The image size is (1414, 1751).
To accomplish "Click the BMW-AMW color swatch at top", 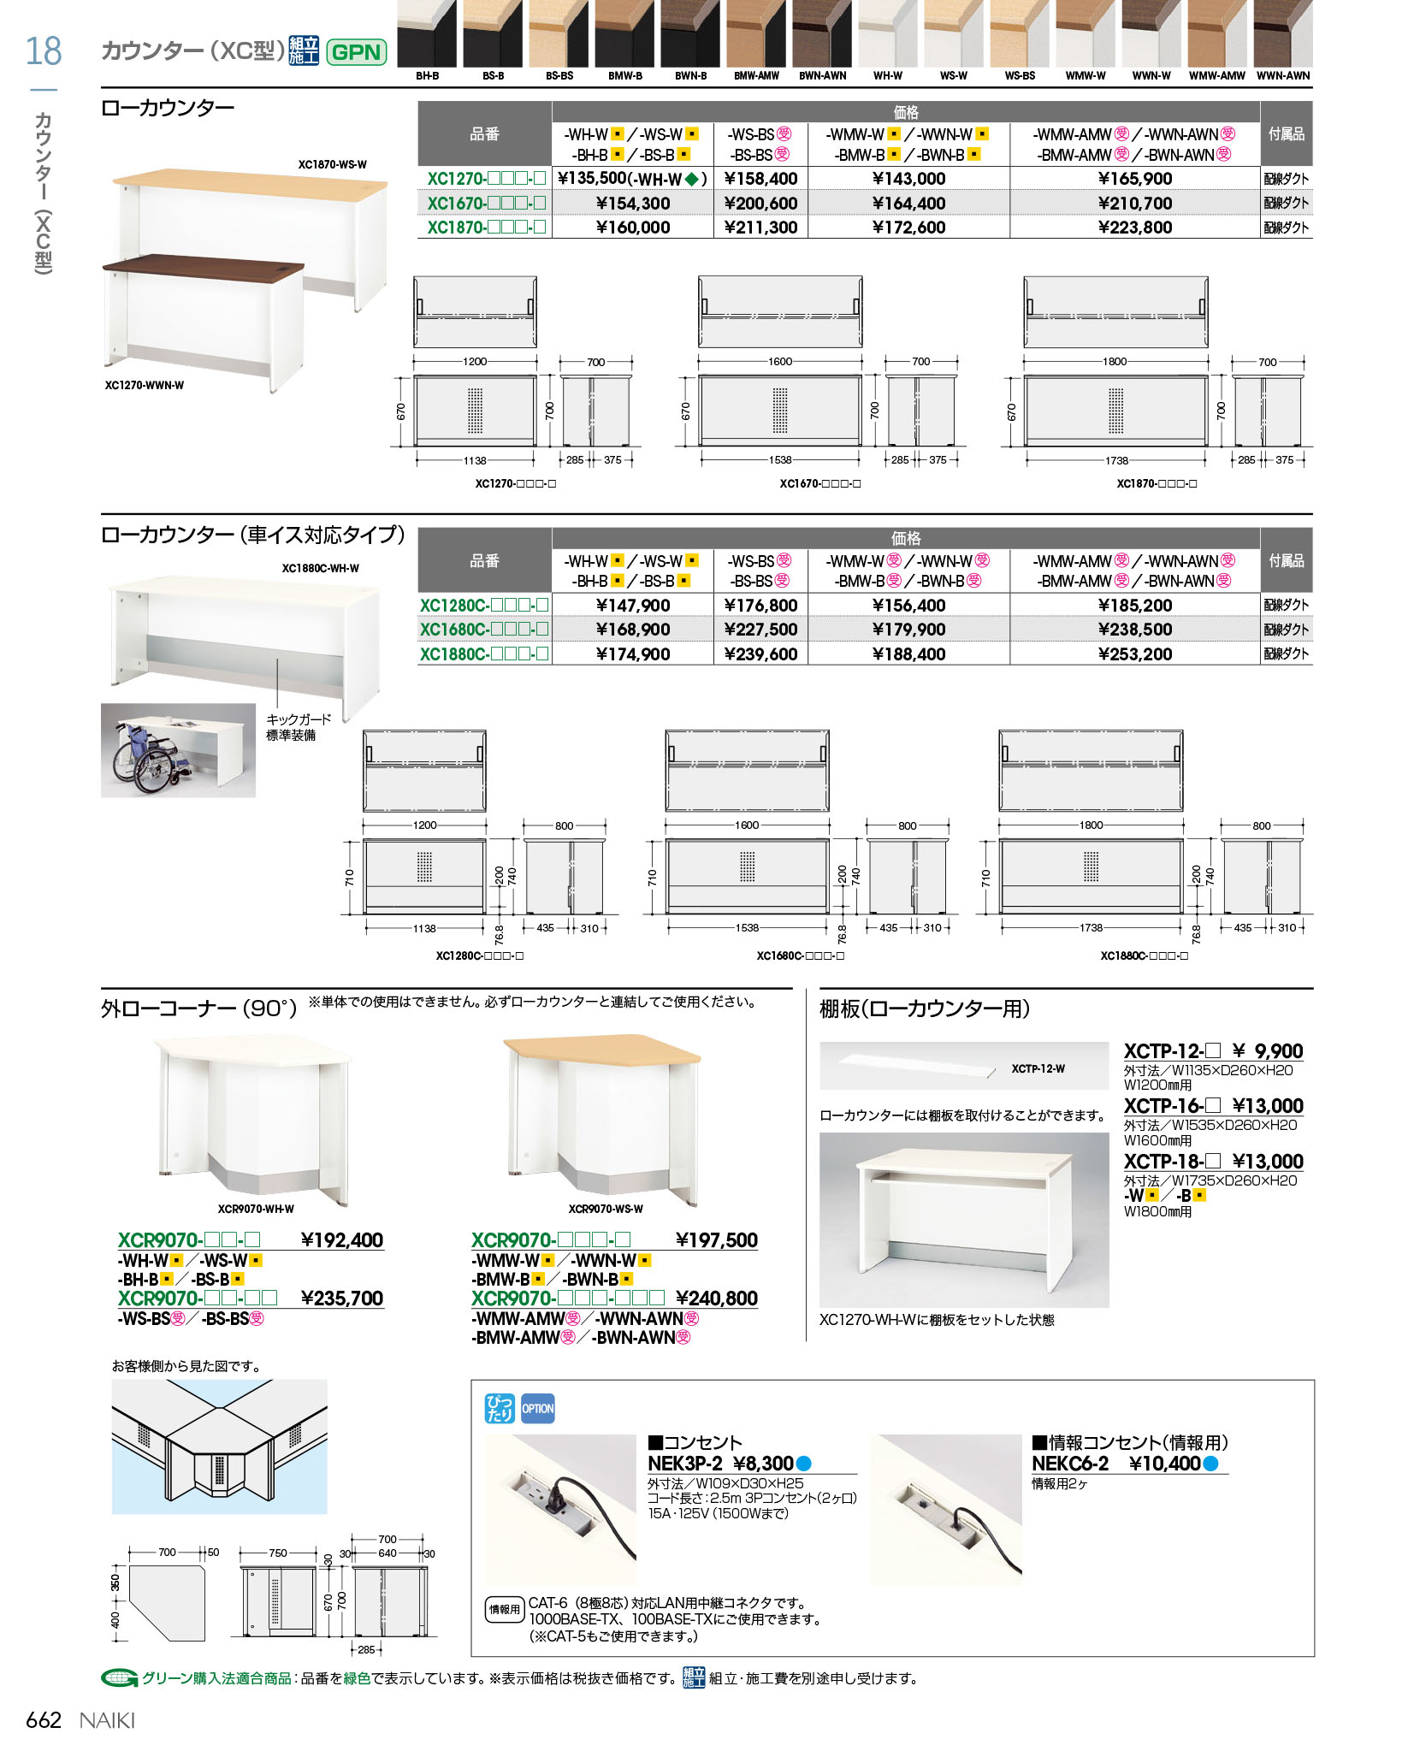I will click(x=756, y=34).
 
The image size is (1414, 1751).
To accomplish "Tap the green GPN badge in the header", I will click(x=356, y=52).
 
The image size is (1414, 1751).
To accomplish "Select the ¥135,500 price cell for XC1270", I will click(x=632, y=179).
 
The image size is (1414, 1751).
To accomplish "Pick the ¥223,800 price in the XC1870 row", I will click(x=1134, y=228).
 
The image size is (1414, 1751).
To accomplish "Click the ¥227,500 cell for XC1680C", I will click(x=760, y=630).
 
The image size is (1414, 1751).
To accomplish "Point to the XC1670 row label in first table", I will click(x=485, y=204).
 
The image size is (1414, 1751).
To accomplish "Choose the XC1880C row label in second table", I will click(x=483, y=654).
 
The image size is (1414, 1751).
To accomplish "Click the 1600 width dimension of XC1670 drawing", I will click(x=779, y=362).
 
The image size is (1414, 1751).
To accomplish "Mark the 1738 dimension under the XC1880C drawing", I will click(x=1091, y=928).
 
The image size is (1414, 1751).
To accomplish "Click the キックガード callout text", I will click(x=299, y=719).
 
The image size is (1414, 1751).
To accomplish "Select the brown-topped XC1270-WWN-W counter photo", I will click(x=202, y=316).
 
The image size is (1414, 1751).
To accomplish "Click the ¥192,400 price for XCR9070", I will click(x=342, y=1240).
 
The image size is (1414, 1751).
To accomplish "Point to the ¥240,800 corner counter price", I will click(x=716, y=1298).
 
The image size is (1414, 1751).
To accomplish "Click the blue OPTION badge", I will click(x=537, y=1409).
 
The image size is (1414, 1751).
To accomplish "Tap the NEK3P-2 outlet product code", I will click(x=684, y=1464).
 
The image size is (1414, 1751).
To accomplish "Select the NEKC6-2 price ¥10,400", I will click(x=1164, y=1464).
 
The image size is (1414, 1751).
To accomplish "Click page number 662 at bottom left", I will click(x=44, y=1720).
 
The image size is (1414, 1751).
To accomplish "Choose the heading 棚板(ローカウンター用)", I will click(x=924, y=1009).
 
